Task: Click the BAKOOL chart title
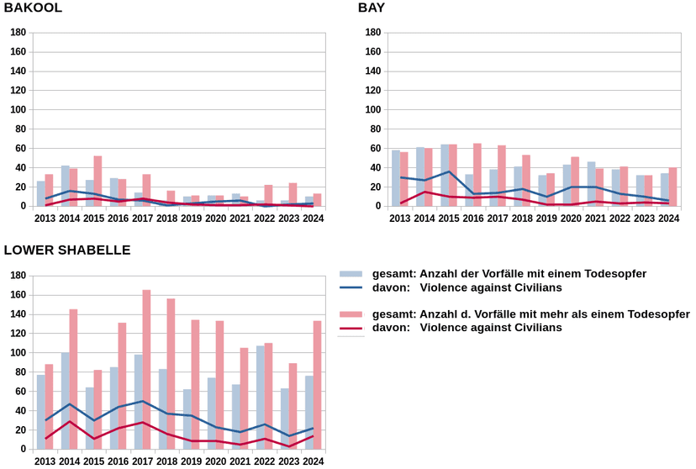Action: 33,8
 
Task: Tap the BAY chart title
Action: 372,8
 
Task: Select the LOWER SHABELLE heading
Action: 67,250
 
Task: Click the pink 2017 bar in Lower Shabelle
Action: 146,370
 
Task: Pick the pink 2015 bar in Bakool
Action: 98,181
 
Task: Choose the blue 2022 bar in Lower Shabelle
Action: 260,398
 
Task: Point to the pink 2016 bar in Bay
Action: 477,175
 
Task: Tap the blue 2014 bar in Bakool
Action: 66,186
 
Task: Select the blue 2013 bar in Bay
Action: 396,178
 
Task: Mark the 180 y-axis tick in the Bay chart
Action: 373,33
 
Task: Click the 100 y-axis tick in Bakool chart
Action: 18,109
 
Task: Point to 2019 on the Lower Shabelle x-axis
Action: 192,461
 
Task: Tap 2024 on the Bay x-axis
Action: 668,219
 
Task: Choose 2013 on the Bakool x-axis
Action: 45,219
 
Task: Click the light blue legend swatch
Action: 351,274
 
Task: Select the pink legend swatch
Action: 351,314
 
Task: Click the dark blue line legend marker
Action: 351,287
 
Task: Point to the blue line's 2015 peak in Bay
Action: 449,171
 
